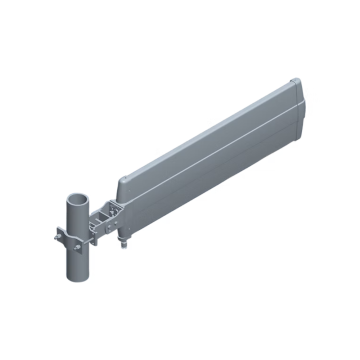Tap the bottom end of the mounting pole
(78, 281)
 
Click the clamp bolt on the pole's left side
(57, 237)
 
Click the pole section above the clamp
(77, 210)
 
